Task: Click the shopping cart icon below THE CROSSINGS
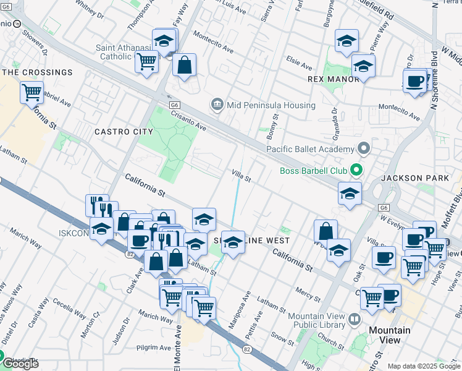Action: [31, 93]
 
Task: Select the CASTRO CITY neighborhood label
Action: [124, 132]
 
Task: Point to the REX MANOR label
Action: [333, 79]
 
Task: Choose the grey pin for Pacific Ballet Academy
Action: [364, 148]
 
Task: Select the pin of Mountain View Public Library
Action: [355, 320]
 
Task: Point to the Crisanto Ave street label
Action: [188, 117]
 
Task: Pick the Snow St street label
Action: [282, 338]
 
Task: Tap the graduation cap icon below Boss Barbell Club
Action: [350, 193]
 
